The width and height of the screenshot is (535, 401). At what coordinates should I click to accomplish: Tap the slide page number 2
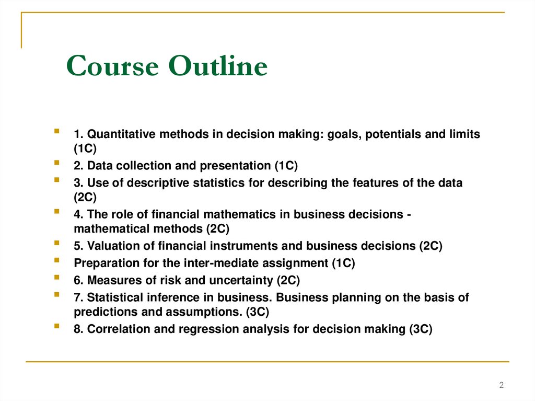point(502,385)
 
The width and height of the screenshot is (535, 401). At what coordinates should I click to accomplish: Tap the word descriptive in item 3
point(147,183)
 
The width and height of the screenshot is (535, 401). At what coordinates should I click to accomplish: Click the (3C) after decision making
point(420,329)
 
